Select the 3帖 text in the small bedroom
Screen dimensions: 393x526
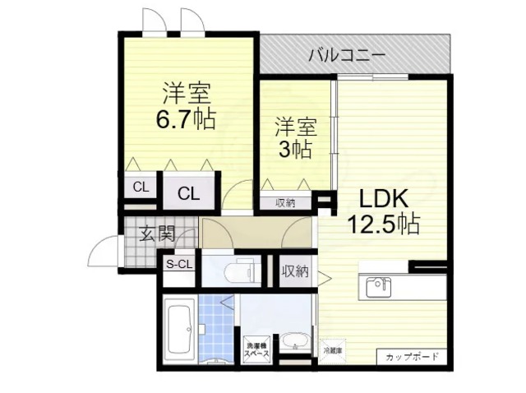(294, 150)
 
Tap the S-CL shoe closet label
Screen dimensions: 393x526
(178, 265)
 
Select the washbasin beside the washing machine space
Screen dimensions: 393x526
(293, 340)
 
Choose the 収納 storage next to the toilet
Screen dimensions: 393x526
(295, 270)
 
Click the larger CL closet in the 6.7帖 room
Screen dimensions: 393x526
(189, 194)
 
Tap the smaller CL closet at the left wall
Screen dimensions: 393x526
(141, 187)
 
